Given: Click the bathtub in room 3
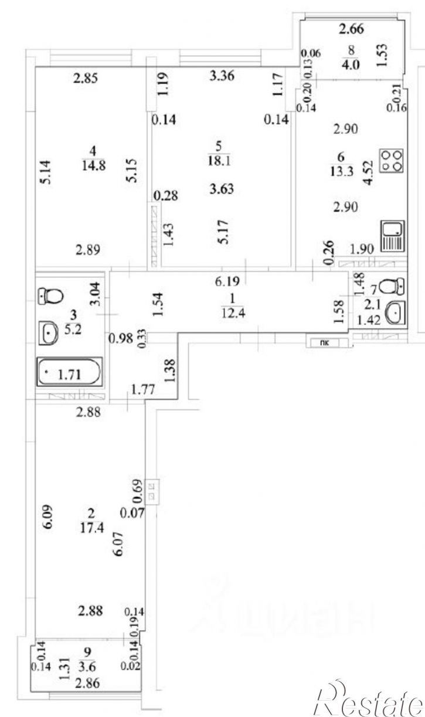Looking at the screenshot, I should pyautogui.click(x=70, y=371).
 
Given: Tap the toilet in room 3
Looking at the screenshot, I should pyautogui.click(x=50, y=295).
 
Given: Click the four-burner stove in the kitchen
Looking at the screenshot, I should pyautogui.click(x=392, y=159).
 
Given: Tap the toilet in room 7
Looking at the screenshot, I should pyautogui.click(x=392, y=287).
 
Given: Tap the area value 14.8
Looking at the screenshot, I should pyautogui.click(x=93, y=165).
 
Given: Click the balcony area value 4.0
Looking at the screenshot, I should pyautogui.click(x=351, y=64).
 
